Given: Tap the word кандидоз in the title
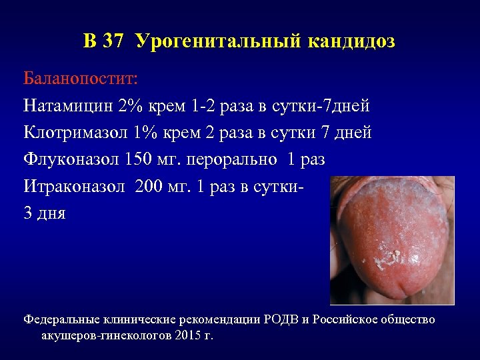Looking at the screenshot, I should (x=351, y=41).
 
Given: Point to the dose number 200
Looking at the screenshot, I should (x=153, y=187).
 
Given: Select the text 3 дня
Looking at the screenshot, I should (x=45, y=215).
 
